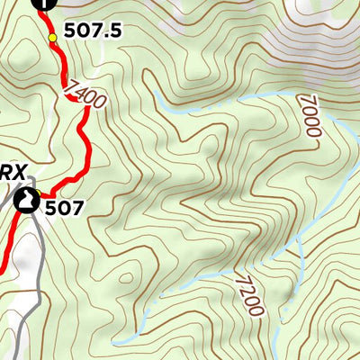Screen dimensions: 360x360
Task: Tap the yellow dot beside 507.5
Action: [52, 37]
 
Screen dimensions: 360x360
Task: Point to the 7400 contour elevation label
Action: [85, 93]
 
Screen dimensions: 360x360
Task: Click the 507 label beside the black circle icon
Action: [65, 208]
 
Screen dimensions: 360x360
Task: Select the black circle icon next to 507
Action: [28, 200]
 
